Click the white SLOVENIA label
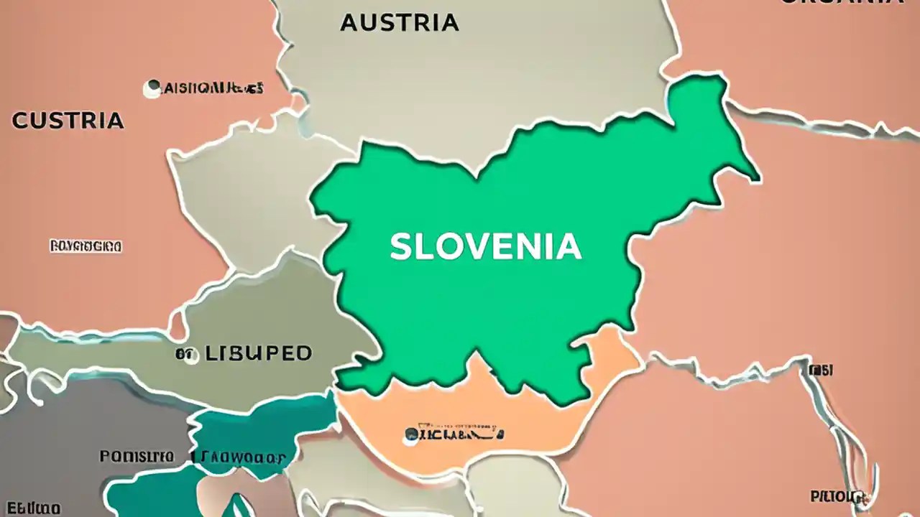click(x=485, y=247)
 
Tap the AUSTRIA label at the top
click(x=399, y=23)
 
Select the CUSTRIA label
click(x=68, y=121)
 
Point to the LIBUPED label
click(x=258, y=353)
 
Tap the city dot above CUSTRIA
click(x=152, y=89)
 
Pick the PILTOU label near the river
click(x=838, y=496)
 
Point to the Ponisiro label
click(x=137, y=456)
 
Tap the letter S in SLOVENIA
click(x=400, y=247)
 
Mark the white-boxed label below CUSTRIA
click(x=86, y=246)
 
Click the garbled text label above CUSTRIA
click(x=213, y=88)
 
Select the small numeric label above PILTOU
click(x=821, y=370)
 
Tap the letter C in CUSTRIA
click(x=20, y=121)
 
